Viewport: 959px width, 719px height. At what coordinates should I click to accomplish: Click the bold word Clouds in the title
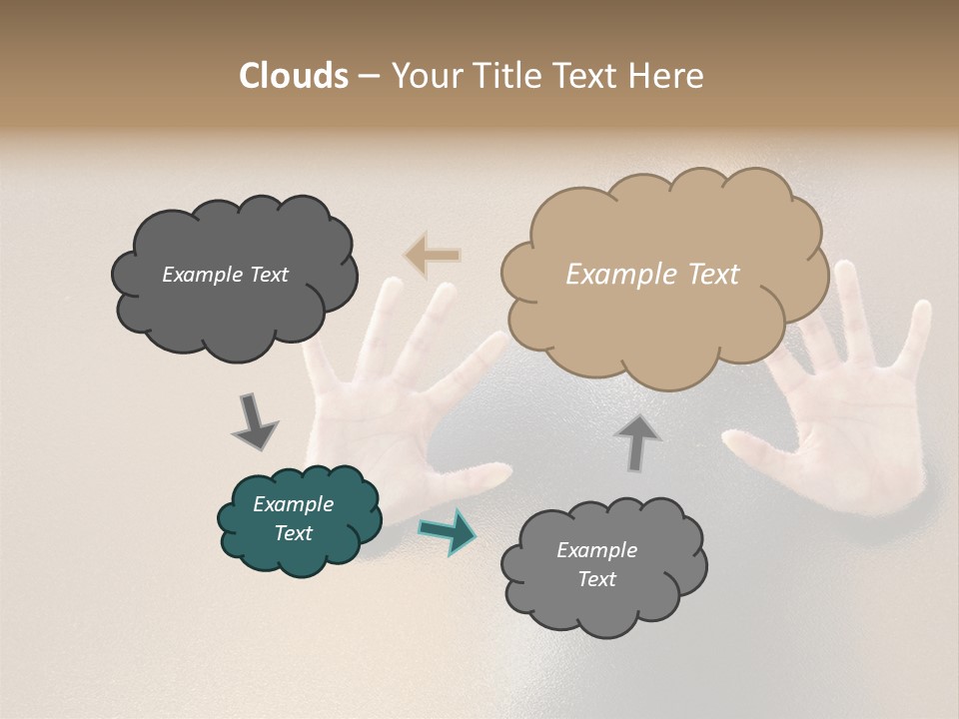(293, 76)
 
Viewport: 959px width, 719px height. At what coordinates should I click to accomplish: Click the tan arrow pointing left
(433, 255)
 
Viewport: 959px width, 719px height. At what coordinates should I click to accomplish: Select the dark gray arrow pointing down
(254, 420)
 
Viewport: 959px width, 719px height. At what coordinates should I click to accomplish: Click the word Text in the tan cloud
(714, 275)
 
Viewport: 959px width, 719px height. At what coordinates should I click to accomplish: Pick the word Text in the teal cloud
(294, 533)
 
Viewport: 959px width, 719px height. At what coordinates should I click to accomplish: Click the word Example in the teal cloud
(294, 504)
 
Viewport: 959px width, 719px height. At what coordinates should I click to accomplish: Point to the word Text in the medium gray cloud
(596, 579)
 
